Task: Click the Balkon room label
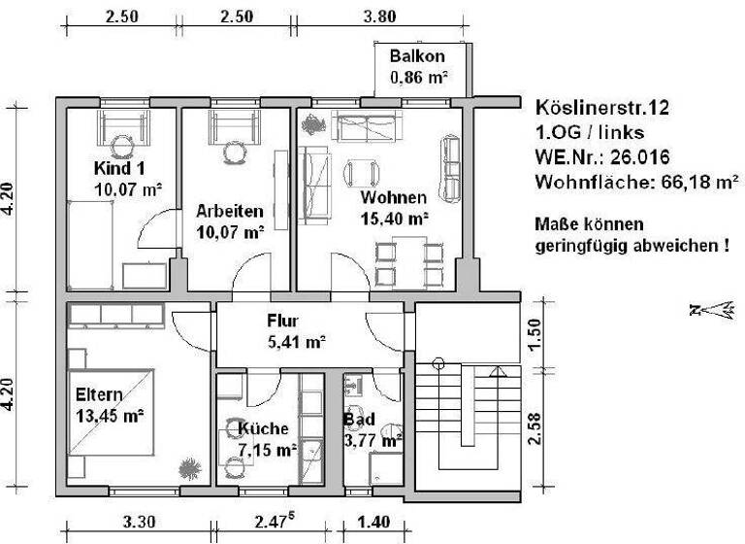pyautogui.click(x=418, y=56)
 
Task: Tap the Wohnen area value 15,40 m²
pyautogui.click(x=394, y=219)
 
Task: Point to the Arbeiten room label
pyautogui.click(x=229, y=211)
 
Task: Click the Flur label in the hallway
pyautogui.click(x=283, y=322)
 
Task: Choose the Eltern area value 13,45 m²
pyautogui.click(x=110, y=415)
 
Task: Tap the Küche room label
pyautogui.click(x=263, y=428)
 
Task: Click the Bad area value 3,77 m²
pyautogui.click(x=373, y=440)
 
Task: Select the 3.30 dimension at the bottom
pyautogui.click(x=138, y=524)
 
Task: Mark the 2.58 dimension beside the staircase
pyautogui.click(x=534, y=427)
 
